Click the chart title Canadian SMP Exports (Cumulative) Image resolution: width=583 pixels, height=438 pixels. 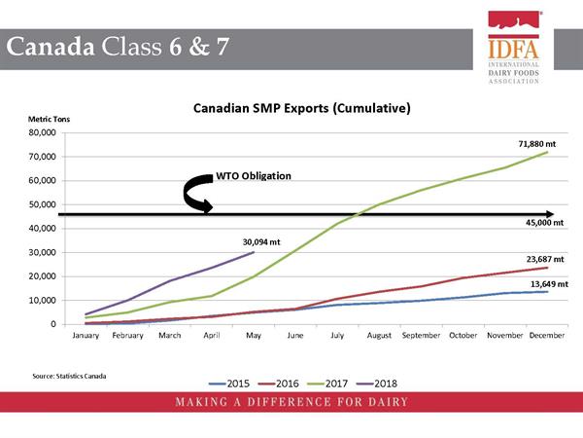302,108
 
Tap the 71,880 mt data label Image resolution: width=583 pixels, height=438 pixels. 537,144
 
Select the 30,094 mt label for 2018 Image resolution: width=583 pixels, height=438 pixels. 261,242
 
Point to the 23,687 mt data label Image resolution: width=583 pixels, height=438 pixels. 545,259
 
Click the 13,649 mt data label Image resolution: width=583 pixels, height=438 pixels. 549,284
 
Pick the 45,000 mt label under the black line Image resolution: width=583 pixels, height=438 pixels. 544,223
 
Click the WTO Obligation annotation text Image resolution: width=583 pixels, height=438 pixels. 254,176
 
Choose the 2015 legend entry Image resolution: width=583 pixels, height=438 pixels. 229,383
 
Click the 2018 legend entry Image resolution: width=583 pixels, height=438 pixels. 377,383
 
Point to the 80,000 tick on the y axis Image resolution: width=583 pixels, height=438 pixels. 43,132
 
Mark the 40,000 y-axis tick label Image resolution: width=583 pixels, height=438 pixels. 43,229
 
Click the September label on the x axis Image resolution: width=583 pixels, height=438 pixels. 421,335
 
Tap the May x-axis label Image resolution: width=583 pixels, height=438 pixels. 254,336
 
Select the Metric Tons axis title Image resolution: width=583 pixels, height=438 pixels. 50,119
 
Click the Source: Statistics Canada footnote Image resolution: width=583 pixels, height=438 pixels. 69,376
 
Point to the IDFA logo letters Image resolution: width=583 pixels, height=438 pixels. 513,50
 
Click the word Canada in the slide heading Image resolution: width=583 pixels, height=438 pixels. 51,47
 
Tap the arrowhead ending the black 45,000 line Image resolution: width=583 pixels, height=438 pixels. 550,214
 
